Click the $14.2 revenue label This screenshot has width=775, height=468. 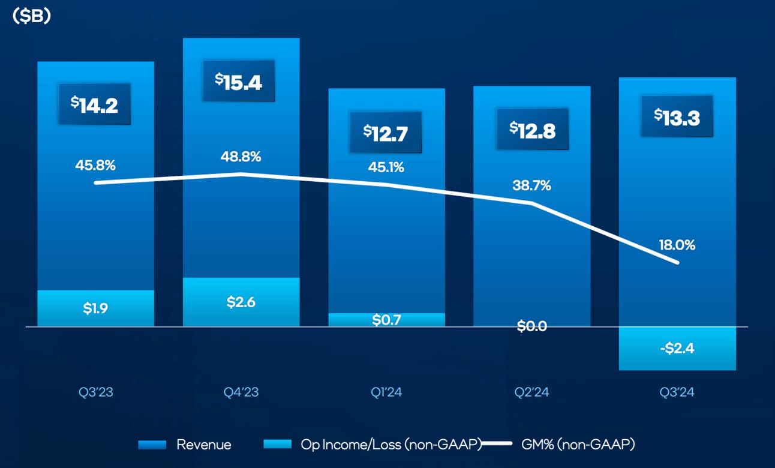point(94,104)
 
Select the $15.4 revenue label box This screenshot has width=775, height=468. point(238,81)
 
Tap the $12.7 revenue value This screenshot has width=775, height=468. point(386,132)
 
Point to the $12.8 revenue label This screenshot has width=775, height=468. point(532,129)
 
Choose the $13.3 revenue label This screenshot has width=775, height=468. point(677,116)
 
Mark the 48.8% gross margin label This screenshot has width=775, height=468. point(241,157)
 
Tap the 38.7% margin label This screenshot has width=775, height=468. point(532,186)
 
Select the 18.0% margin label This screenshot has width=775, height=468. point(677,245)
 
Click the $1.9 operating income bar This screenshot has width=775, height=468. point(95,308)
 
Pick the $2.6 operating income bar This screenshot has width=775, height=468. point(241,302)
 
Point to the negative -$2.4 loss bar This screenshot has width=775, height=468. point(677,348)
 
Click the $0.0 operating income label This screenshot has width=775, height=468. point(532,326)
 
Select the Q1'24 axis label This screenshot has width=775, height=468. point(386,392)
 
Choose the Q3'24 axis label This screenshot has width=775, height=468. point(677,392)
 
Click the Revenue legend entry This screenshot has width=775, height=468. point(185,445)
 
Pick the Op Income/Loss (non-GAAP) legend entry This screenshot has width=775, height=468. point(372,445)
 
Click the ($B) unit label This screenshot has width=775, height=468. point(31,17)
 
